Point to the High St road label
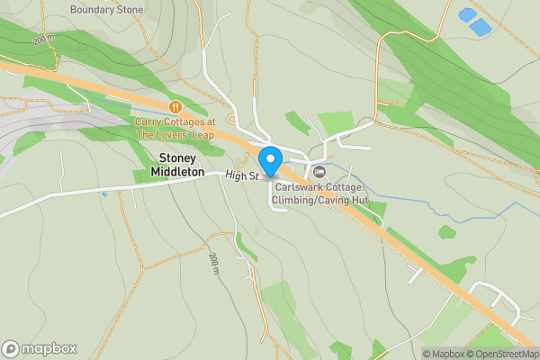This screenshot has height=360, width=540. tap(242, 175)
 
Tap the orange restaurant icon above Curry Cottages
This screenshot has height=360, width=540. tap(175, 107)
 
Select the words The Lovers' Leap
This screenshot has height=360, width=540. tap(175, 134)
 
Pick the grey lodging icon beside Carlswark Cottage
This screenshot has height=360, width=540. tap(319, 171)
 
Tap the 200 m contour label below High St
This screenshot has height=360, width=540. tap(214, 264)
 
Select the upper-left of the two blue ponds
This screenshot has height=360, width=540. tap(468, 14)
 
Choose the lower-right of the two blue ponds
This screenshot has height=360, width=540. tap(481, 27)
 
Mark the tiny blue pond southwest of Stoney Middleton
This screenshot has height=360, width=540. tap(104, 193)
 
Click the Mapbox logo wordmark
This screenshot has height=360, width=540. tap(49, 349)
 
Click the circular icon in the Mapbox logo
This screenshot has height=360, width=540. tap(11, 349)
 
